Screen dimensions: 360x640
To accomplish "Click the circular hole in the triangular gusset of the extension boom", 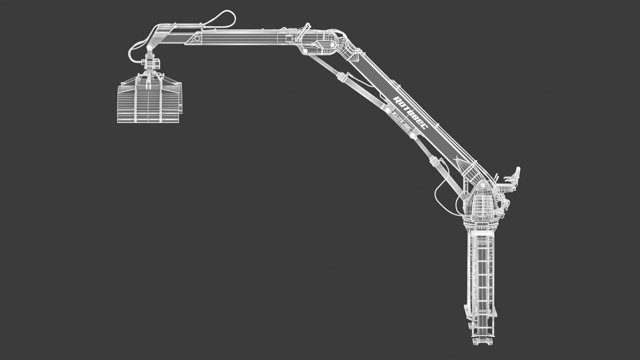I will [197, 38].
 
